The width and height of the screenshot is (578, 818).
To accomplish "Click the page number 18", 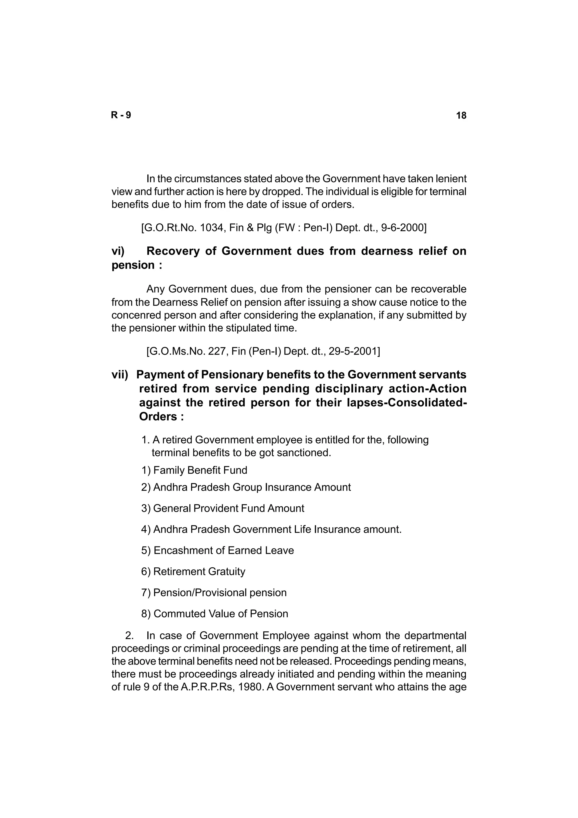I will coord(461,115).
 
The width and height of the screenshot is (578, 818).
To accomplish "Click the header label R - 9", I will coord(121,115).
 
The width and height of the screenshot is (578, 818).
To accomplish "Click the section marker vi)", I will coord(118,251).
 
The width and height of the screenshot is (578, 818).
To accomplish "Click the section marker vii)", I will coord(120,375).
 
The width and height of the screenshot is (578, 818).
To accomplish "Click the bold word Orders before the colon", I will coord(158,417).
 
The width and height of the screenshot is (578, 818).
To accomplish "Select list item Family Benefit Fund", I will coord(200,470).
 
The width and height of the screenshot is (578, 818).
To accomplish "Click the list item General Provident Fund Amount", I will coord(228,508).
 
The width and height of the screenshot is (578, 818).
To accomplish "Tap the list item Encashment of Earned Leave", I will coord(223,550).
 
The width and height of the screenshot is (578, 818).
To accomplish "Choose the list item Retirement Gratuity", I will coord(199,572).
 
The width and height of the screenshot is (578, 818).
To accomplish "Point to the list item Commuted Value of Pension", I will coord(220,614).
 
